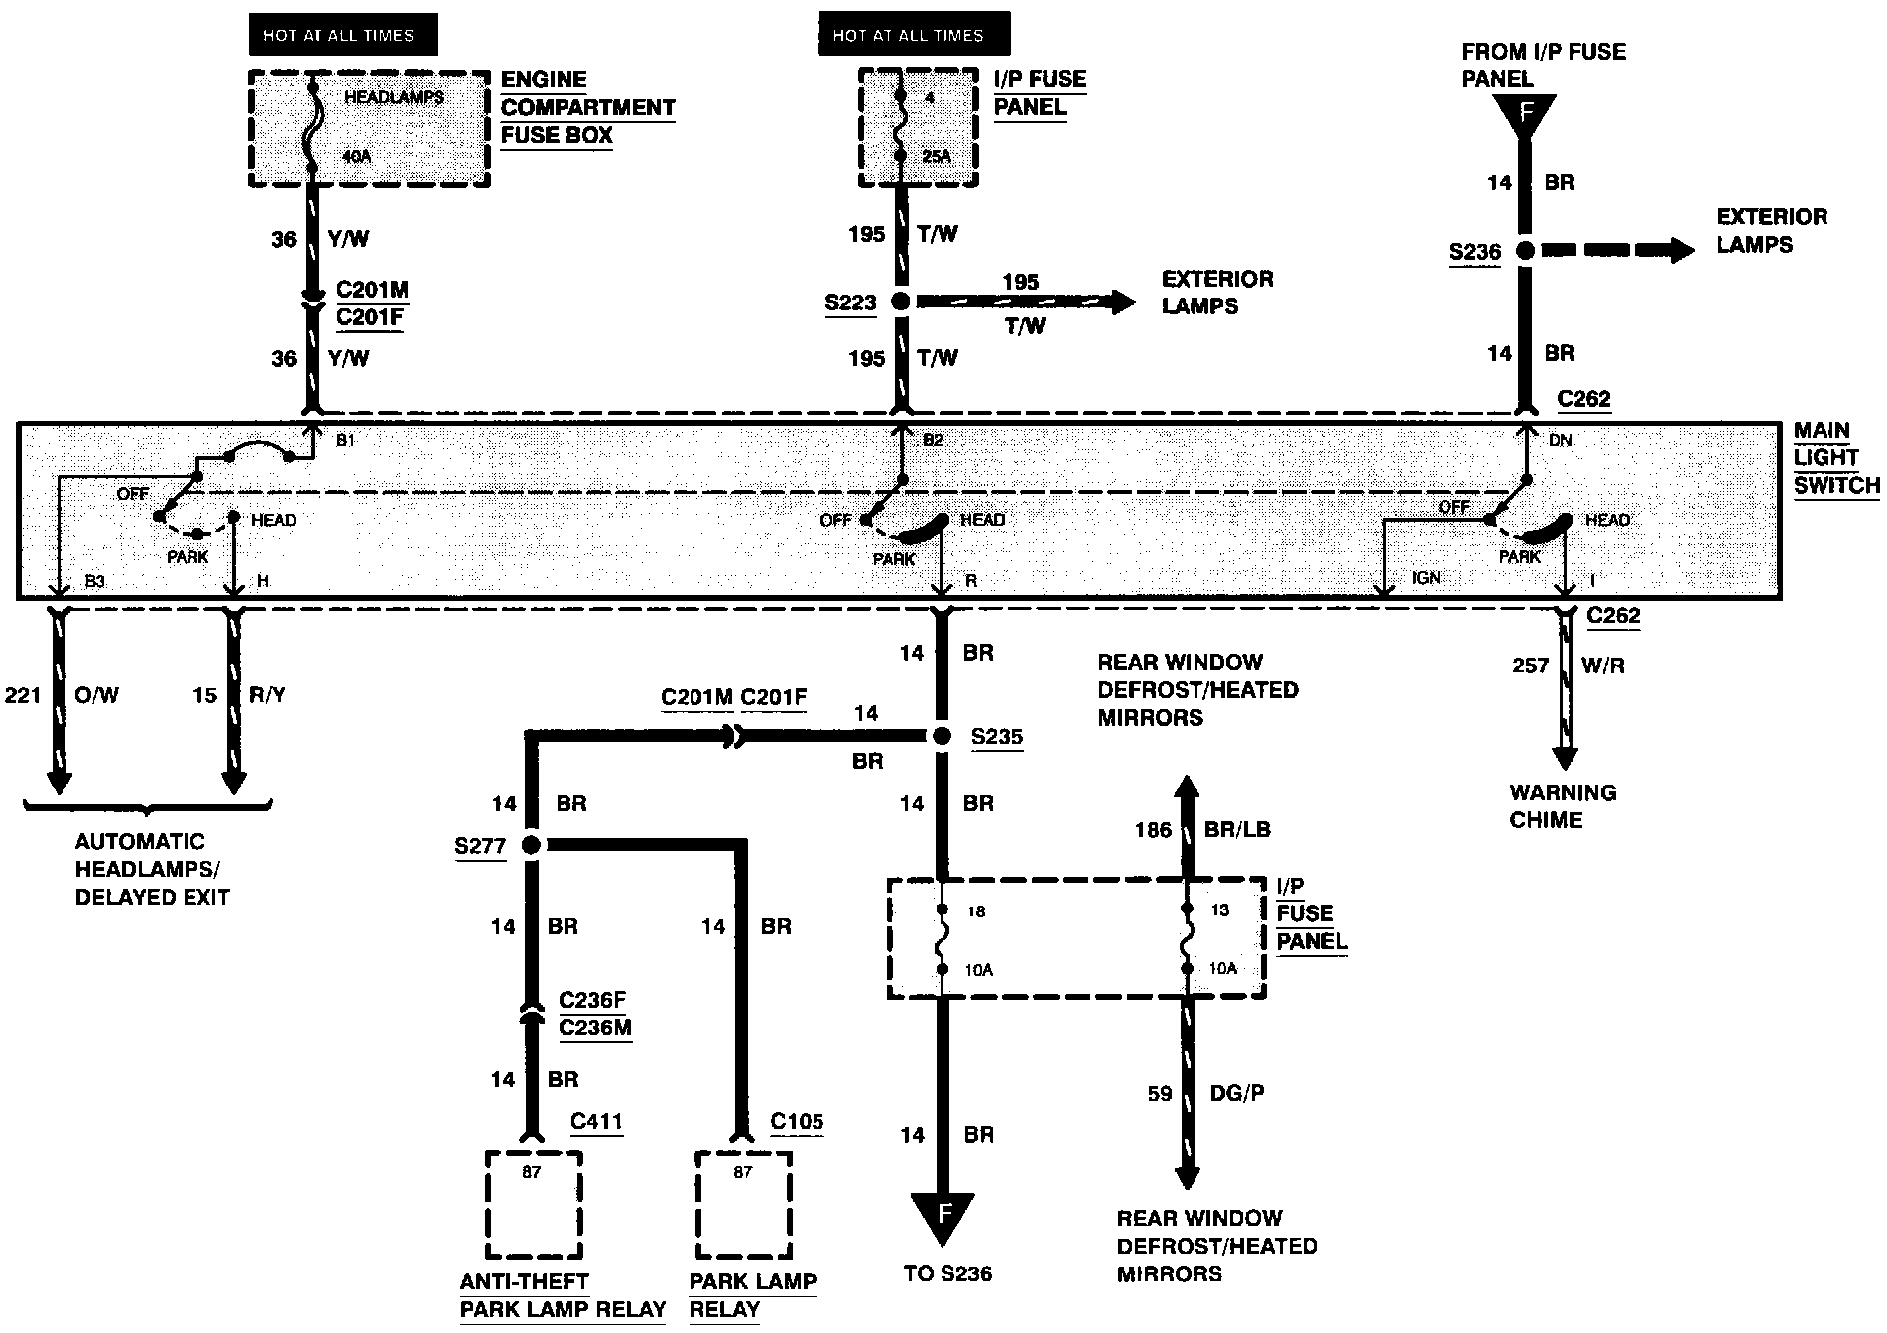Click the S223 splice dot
(901, 302)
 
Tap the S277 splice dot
(531, 845)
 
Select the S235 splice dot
(941, 736)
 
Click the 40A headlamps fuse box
(368, 128)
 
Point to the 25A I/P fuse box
(918, 127)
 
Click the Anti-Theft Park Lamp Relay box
(533, 1203)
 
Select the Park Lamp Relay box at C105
(743, 1203)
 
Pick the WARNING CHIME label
(1563, 806)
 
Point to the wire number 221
(23, 695)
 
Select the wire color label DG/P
(1236, 1093)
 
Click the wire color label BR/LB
(1236, 829)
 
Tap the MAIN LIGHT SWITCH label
(1834, 458)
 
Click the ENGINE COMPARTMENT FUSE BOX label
(586, 108)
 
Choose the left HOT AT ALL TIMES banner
(337, 36)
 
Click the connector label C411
(596, 1122)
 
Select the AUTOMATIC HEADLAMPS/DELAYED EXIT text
(152, 869)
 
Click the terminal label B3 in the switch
(94, 581)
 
